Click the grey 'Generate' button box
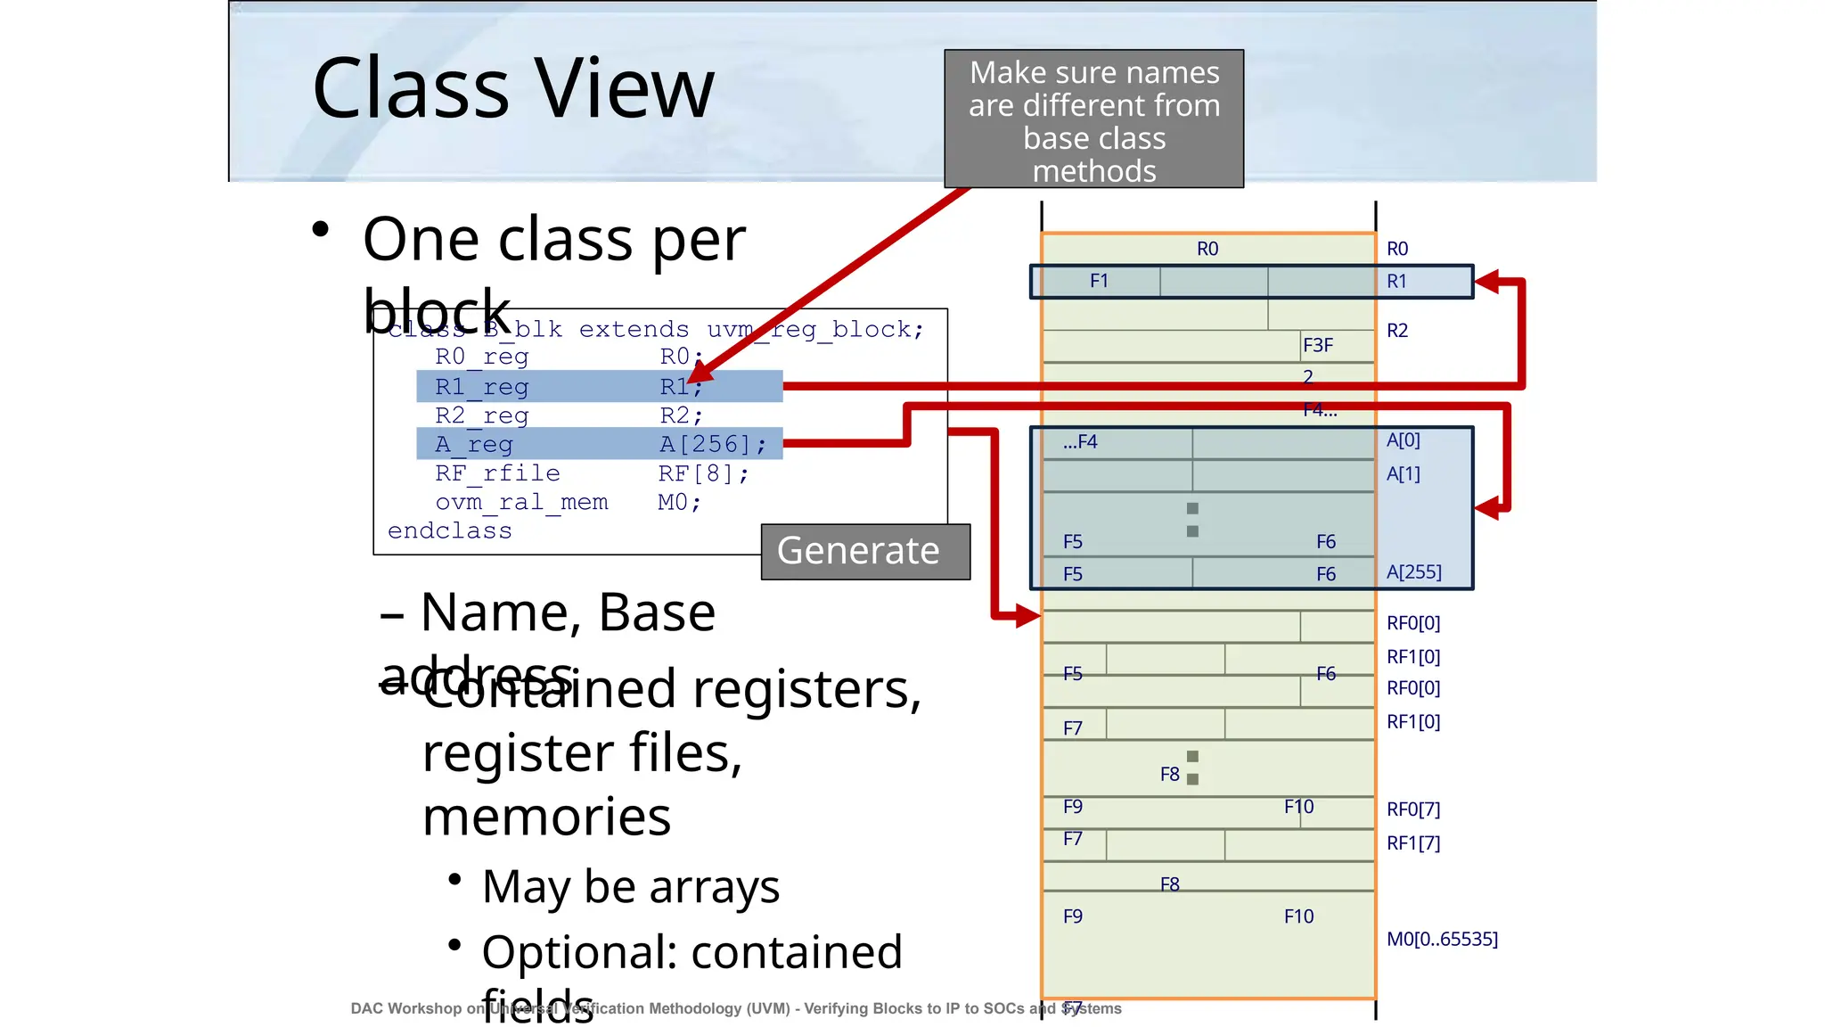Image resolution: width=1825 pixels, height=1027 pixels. coord(864,551)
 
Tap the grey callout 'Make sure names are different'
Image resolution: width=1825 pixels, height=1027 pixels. coord(1093,119)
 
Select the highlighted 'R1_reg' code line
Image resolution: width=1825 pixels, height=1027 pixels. coord(599,387)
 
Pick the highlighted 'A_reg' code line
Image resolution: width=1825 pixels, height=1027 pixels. coord(599,444)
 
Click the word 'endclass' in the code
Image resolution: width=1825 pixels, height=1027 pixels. coord(450,531)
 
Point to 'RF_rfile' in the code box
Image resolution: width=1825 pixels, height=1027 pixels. coord(497,473)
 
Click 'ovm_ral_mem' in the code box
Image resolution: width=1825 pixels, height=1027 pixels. coord(521,503)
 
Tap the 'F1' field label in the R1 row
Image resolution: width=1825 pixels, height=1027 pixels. coord(1099,282)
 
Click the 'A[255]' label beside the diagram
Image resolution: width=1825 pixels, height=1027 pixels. coord(1413,572)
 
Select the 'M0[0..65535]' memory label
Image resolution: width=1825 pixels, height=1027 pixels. coord(1442,939)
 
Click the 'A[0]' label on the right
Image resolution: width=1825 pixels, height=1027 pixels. coord(1403,440)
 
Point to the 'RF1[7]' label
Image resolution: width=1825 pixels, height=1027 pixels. coord(1413,842)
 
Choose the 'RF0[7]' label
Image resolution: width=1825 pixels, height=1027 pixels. coord(1413,809)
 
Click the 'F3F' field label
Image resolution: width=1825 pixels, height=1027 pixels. coord(1317,346)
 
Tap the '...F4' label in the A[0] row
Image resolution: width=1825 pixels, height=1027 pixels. coord(1080,442)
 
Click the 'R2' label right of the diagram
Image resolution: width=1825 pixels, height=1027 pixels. coord(1396,331)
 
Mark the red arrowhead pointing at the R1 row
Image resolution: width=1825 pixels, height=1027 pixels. coord(1486,283)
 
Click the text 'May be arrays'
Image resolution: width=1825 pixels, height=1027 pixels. coord(631,887)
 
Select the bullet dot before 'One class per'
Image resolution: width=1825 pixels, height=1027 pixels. coord(321,230)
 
